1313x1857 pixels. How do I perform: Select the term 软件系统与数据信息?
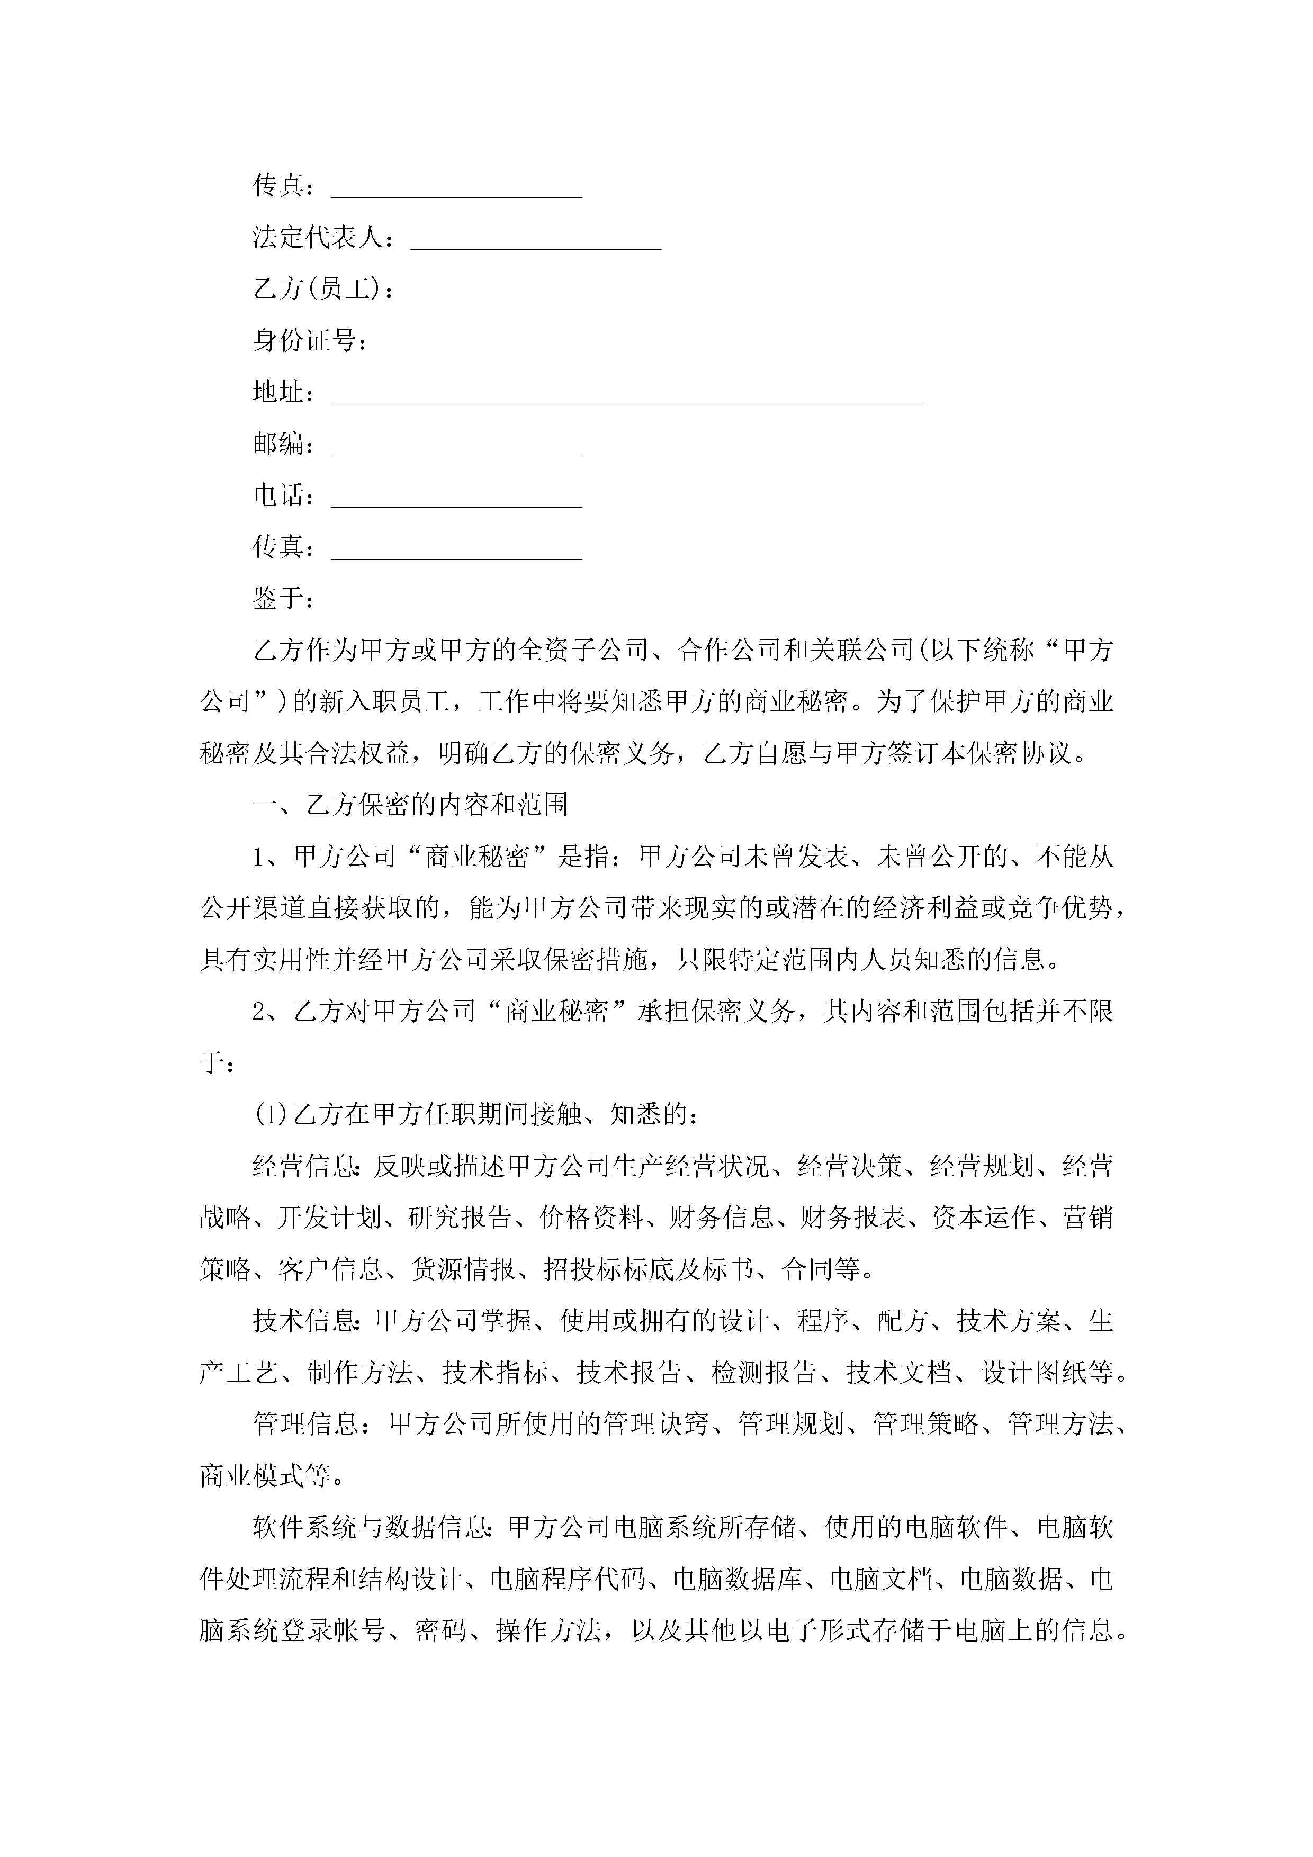371,1528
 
